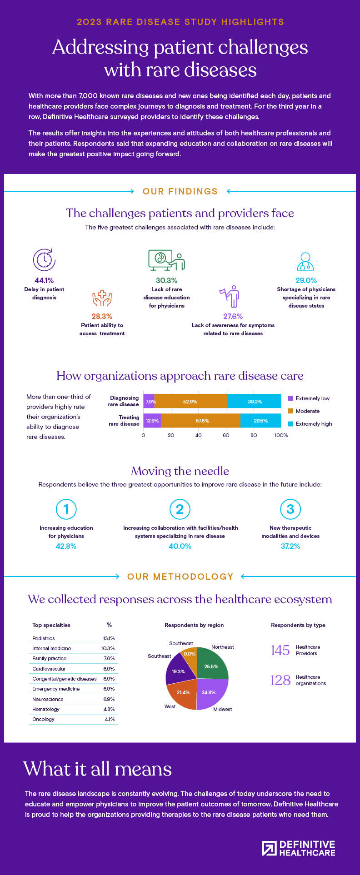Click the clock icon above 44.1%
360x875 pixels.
coord(44,260)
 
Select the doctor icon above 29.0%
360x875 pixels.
coord(305,262)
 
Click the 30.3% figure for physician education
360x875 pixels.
coord(166,280)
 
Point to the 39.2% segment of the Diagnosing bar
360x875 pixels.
coord(254,402)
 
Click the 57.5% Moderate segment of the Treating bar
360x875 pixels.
coord(202,421)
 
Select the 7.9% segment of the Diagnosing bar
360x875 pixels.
coord(150,402)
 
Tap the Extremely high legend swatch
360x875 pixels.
coord(290,424)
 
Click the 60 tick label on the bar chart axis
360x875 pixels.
coord(226,435)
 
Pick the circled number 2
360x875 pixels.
coord(180,509)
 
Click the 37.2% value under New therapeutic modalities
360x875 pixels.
coord(290,546)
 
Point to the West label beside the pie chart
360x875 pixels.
coord(170,706)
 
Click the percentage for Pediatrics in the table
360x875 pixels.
coord(109,638)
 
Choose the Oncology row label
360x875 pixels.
coord(43,719)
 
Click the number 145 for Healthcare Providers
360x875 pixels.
coord(280,650)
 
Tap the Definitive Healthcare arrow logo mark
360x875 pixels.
coord(269,848)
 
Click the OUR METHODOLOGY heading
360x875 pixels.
coord(180,577)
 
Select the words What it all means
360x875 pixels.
coord(98,769)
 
